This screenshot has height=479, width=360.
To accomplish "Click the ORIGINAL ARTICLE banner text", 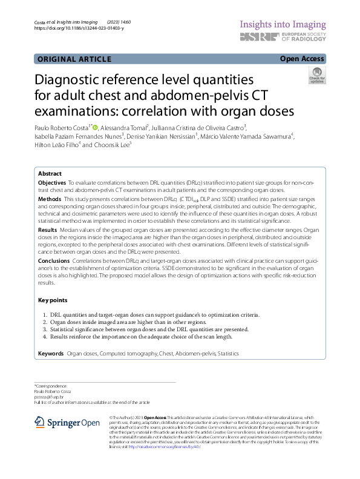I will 74,59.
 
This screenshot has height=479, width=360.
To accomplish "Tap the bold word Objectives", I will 52,182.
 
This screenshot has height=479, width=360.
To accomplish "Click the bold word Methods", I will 50,199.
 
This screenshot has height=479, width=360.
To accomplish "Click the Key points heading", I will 53,300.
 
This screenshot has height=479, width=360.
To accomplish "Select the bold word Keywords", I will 51,353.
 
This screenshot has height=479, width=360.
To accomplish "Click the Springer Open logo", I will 67,423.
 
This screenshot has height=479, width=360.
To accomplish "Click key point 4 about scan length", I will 141,335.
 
